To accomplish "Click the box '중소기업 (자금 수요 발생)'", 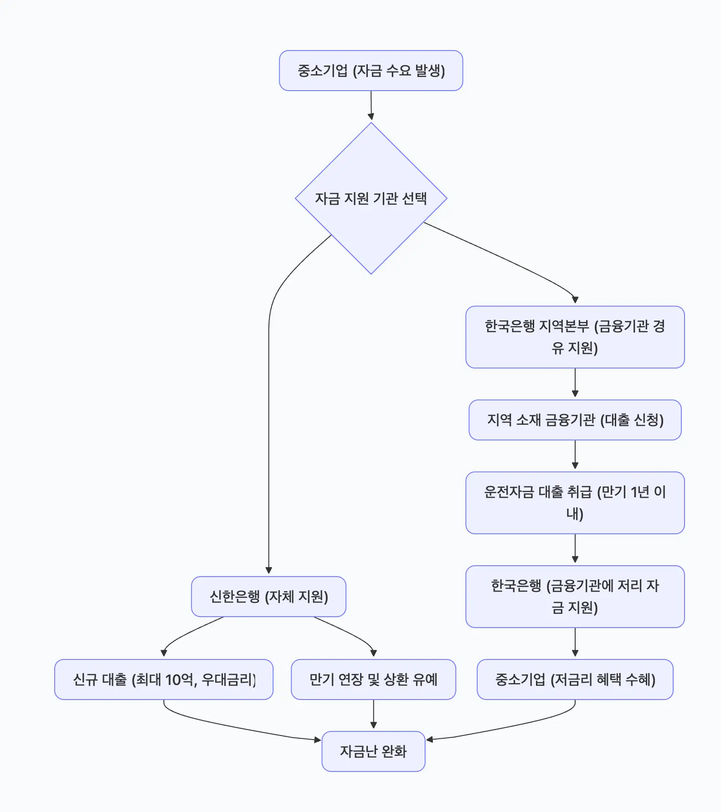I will pos(371,71).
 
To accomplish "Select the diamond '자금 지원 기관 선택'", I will pos(371,199).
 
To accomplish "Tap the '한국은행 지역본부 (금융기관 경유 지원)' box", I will pos(575,337).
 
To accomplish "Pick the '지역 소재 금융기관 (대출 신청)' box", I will pos(575,420).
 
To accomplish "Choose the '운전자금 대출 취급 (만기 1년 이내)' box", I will pos(575,503).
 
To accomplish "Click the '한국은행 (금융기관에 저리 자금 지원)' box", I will pos(575,597).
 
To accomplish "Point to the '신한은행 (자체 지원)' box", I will pos(268,597).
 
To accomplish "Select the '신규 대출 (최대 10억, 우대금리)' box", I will pos(164,679).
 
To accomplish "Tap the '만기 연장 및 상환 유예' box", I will pos(373,679).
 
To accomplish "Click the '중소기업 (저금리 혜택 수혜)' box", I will pos(575,679).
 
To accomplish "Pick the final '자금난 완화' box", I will pos(373,751).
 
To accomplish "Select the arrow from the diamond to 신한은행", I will pos(269,410).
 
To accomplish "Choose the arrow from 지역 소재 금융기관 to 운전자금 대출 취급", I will pos(575,455).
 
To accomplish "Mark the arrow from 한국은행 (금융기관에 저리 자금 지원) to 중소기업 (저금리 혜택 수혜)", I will pos(575,642).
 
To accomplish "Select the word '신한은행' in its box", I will pos(235,597).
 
